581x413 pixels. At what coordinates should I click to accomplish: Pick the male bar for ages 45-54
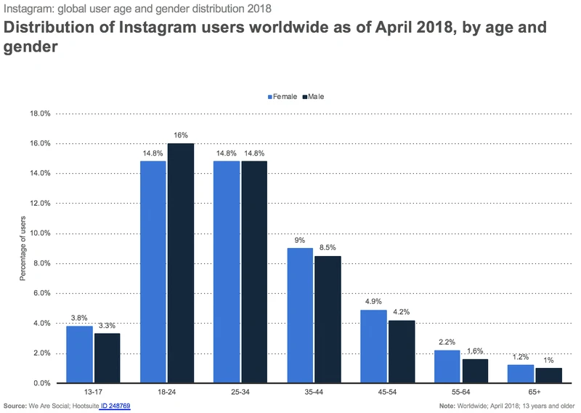(x=402, y=351)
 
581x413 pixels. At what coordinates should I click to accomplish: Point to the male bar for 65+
(x=549, y=375)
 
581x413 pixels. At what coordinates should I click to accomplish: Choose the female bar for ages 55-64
(x=448, y=366)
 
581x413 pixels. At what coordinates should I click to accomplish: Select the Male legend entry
(x=315, y=97)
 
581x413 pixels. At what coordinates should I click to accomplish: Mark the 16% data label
(x=181, y=135)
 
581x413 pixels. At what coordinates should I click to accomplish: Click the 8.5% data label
(x=328, y=247)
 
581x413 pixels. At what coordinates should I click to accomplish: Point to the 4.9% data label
(x=374, y=302)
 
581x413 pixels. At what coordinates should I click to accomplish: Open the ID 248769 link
(x=115, y=406)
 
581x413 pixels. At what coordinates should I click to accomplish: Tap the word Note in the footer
(x=447, y=406)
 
